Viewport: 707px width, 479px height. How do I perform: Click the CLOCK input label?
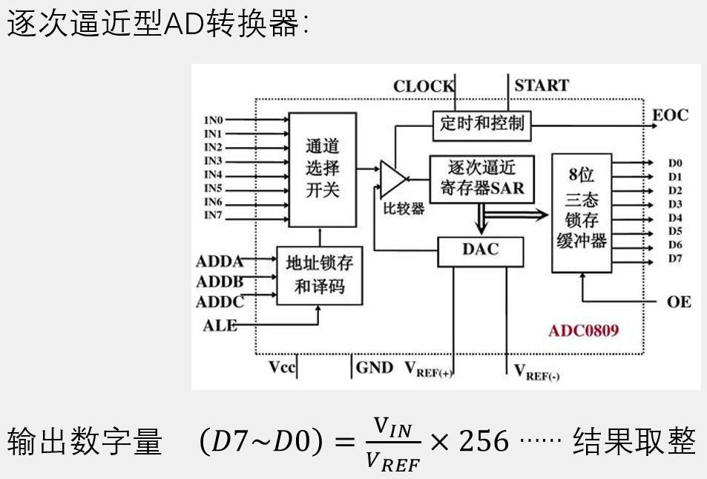(x=424, y=86)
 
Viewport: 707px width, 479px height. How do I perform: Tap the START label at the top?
(x=542, y=85)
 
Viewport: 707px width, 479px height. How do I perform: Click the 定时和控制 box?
(x=481, y=123)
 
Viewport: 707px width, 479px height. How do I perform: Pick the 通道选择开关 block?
(x=322, y=169)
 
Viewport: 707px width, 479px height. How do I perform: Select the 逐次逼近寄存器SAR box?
(x=481, y=177)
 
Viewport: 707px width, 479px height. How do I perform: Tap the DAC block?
(x=481, y=250)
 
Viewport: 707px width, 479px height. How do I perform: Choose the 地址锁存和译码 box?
(x=320, y=275)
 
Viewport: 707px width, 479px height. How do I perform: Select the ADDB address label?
(x=220, y=281)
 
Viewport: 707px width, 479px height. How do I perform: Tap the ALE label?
(x=220, y=325)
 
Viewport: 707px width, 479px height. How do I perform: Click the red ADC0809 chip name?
(x=583, y=329)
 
